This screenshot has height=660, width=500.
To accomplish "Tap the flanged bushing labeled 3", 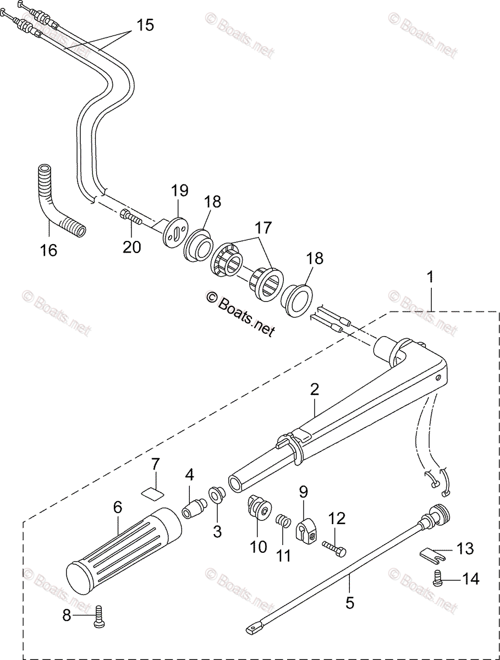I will tap(217, 493).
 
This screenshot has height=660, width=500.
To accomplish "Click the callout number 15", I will tap(145, 25).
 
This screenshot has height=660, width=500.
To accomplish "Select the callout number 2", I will tap(314, 390).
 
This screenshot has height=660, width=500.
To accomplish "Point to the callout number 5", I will tap(350, 602).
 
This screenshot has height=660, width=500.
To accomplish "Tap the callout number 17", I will tap(263, 227).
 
